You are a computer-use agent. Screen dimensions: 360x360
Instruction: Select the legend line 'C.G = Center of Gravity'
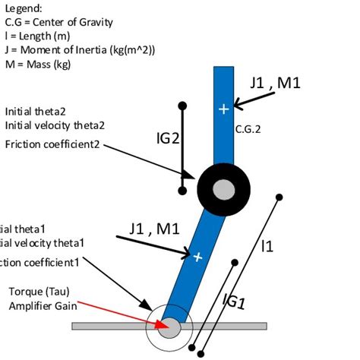[x=59, y=22]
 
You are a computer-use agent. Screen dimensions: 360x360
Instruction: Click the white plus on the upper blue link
[x=223, y=109]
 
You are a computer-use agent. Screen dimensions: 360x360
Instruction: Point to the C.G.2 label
[x=248, y=129]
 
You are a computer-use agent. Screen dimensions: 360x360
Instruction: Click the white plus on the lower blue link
[x=198, y=257]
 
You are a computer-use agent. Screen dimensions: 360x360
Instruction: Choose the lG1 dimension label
[x=233, y=302]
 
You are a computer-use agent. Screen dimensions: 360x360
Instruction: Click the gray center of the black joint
[x=223, y=188]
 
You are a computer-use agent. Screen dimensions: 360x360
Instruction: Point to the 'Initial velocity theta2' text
[x=55, y=125]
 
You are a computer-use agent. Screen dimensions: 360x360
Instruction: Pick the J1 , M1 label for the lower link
[x=154, y=228]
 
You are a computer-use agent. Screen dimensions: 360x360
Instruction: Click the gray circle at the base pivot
[x=169, y=327]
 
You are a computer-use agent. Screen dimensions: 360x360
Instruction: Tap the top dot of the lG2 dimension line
[x=182, y=105]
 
